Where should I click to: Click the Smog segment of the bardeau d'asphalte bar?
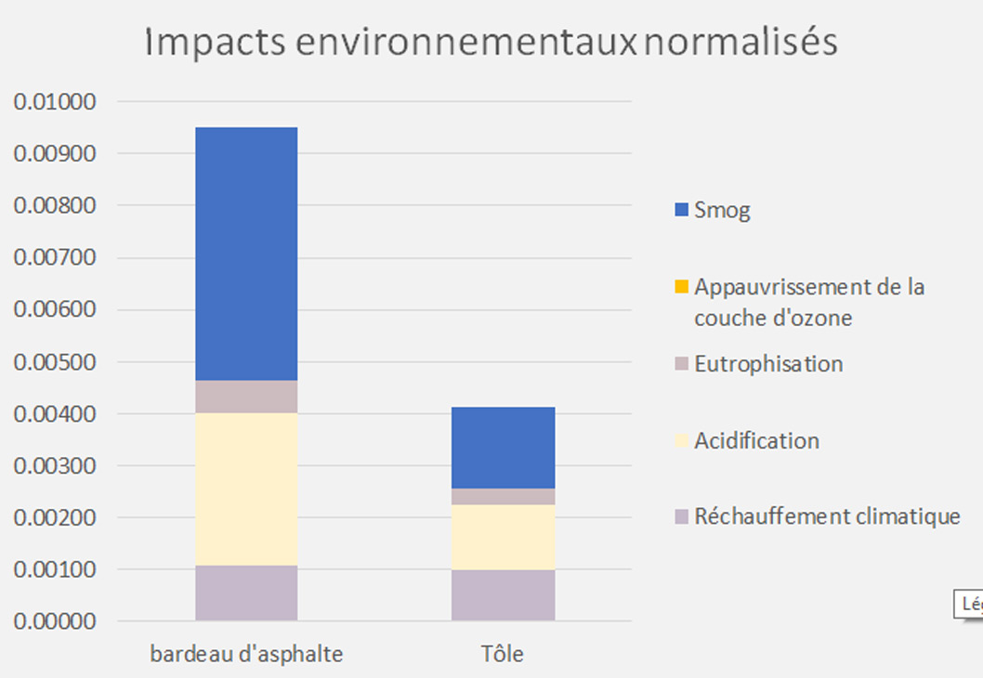pos(246,253)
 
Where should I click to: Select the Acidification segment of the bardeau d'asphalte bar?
pos(246,489)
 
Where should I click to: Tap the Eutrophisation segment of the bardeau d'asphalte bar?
pos(246,397)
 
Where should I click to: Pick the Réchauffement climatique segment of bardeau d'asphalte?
pos(246,593)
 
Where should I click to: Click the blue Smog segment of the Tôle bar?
pos(503,448)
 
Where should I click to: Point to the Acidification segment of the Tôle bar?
pos(503,537)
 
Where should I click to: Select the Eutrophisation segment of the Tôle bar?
pos(503,497)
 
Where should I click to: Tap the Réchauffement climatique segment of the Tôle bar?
pos(503,594)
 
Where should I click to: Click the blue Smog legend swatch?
pos(681,210)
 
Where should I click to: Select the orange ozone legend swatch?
pos(681,287)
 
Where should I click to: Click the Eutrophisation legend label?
pos(768,364)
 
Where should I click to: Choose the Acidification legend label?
pos(756,440)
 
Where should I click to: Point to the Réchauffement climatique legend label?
pos(827,516)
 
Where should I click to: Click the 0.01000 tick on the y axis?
pos(56,101)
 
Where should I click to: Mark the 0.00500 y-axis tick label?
pos(56,361)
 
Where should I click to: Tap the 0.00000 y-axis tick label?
pos(56,621)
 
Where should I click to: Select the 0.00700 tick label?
pos(56,257)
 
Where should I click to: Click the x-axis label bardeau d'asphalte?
pos(246,654)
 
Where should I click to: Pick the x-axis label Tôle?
pos(503,654)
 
